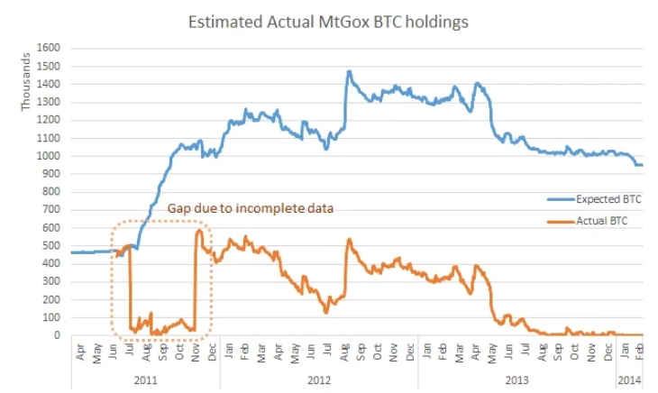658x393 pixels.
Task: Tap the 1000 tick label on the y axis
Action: (49, 156)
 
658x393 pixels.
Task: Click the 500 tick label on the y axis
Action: (52, 245)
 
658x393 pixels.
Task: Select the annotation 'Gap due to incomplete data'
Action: (251, 208)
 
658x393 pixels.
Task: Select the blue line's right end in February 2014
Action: (642, 165)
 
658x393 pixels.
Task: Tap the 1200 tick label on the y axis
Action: (49, 120)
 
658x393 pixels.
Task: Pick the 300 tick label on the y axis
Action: (52, 281)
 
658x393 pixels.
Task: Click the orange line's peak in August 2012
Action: (349, 241)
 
